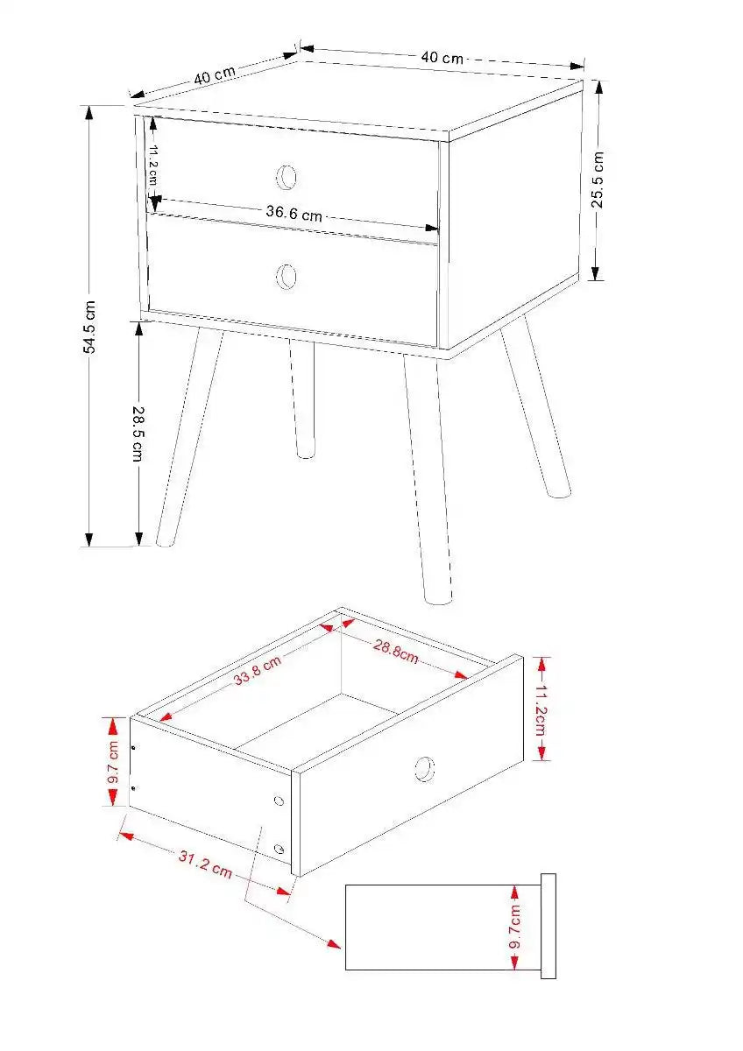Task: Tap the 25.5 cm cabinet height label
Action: [x=597, y=180]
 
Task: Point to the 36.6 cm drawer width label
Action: [x=294, y=212]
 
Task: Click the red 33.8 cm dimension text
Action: [x=257, y=672]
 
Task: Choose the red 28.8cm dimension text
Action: [x=396, y=652]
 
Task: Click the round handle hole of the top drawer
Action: [x=287, y=178]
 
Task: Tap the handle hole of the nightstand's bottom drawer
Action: [x=287, y=277]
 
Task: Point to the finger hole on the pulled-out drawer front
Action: [x=424, y=768]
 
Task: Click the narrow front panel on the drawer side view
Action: [x=548, y=926]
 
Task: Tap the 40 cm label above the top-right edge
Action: [x=442, y=58]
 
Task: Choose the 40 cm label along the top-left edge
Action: [x=214, y=74]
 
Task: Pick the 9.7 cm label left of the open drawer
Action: [x=113, y=762]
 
